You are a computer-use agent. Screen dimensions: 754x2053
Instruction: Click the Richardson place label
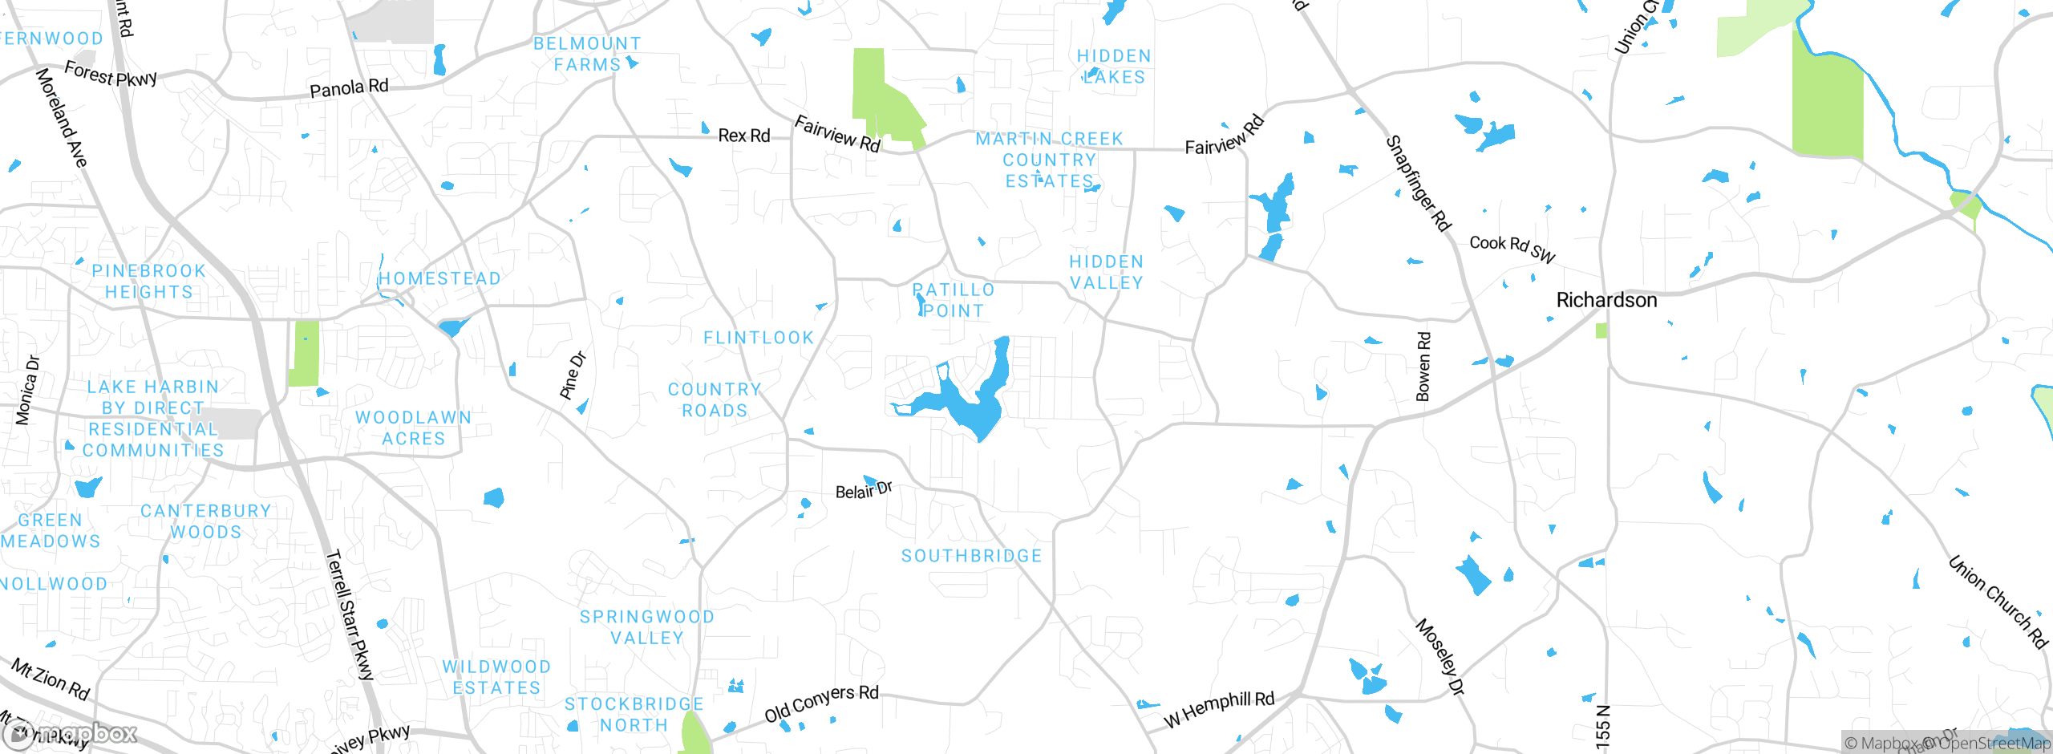(1606, 300)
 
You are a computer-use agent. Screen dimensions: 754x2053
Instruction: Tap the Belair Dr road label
(864, 490)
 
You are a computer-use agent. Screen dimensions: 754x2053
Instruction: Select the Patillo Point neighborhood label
(954, 300)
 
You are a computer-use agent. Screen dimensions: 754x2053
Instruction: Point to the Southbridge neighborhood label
(971, 556)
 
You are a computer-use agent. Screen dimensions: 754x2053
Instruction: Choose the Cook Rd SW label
(1512, 248)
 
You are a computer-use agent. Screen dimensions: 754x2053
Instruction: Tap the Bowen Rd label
(1423, 367)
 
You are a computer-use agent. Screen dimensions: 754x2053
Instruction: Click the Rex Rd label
(743, 136)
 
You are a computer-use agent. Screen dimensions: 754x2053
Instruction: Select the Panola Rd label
(349, 87)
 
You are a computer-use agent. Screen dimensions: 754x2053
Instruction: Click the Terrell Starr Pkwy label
(350, 614)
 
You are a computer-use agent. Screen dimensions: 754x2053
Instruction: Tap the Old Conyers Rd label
(821, 703)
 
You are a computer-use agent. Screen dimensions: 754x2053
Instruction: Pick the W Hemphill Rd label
(1219, 708)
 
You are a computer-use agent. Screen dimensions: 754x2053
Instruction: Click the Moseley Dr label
(1440, 656)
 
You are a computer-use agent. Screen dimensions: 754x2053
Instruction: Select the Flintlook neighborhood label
(759, 338)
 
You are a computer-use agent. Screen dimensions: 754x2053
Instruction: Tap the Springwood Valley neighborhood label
(646, 627)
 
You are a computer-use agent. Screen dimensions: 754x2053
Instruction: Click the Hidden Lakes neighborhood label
(1114, 67)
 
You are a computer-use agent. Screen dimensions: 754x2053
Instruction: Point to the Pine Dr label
(573, 375)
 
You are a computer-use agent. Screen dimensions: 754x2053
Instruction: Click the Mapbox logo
(71, 733)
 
